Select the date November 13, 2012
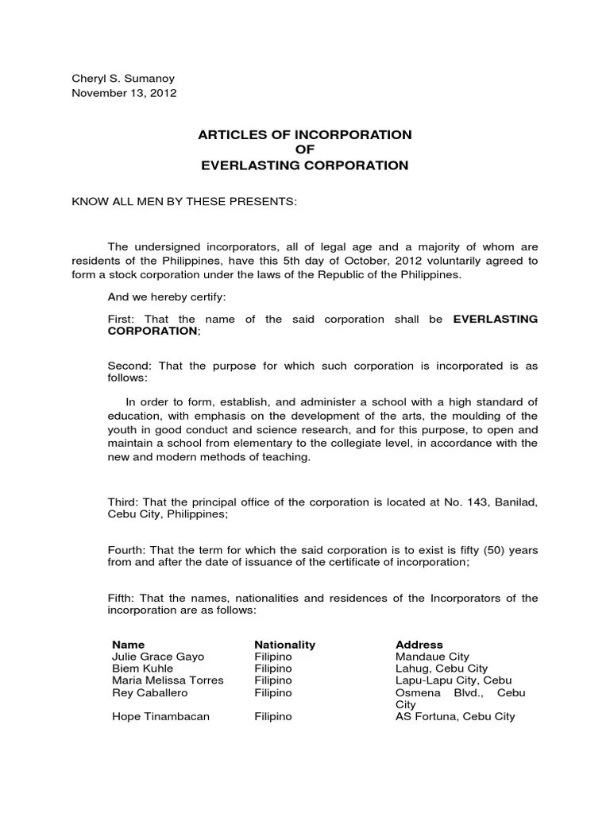tap(125, 92)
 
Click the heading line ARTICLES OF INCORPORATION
tap(305, 135)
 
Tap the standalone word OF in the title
tap(305, 150)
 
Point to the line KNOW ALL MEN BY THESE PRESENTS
tap(184, 202)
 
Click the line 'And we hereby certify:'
tap(167, 297)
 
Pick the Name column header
tap(129, 645)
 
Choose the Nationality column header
tap(284, 645)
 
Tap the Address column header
tap(419, 645)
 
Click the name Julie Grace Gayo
tap(158, 657)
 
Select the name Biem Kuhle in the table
tap(143, 669)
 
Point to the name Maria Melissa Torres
tap(168, 680)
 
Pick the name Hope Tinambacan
tap(160, 716)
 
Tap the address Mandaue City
tap(432, 657)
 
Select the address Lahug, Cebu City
tap(442, 669)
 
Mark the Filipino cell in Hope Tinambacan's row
tap(273, 716)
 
